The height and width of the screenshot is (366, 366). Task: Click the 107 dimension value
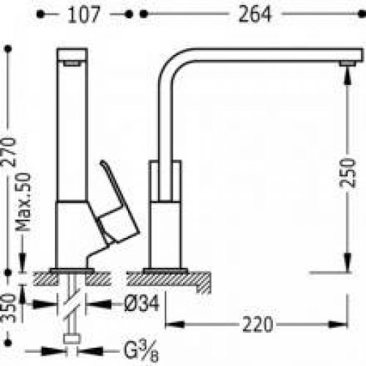[x=83, y=15]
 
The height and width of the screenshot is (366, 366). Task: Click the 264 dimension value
[x=255, y=14]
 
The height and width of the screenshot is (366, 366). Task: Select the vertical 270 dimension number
[x=9, y=152]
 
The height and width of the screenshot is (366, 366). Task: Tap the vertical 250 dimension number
[x=348, y=173]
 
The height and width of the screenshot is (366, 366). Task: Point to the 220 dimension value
[x=258, y=324]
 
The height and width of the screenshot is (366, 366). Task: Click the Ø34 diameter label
[x=141, y=303]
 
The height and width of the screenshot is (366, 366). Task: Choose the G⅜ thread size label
[x=141, y=351]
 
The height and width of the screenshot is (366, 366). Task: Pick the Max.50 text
[x=23, y=202]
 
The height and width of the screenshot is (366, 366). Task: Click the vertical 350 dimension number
[x=8, y=308]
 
